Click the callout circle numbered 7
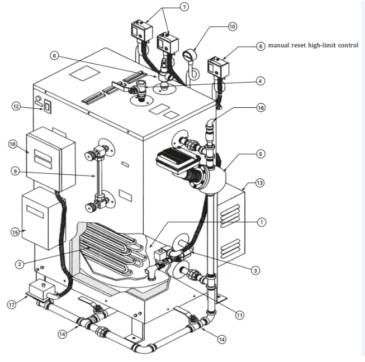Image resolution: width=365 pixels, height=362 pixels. click(x=184, y=7)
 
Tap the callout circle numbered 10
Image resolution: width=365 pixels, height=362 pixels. click(x=233, y=26)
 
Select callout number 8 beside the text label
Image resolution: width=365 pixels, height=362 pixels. click(x=260, y=46)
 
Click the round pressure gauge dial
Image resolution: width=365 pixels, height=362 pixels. click(x=190, y=55)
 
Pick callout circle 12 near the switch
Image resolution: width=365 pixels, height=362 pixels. click(x=16, y=107)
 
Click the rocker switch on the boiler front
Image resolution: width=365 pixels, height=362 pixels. click(x=48, y=107)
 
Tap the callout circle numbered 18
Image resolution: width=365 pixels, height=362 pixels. click(x=13, y=144)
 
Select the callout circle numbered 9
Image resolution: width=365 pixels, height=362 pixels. click(x=15, y=172)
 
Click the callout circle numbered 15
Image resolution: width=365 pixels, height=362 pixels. click(x=15, y=232)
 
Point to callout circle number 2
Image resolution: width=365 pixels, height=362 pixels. click(x=20, y=264)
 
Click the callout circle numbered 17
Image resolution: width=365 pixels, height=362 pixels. click(x=12, y=305)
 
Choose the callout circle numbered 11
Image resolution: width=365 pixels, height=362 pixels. click(x=240, y=315)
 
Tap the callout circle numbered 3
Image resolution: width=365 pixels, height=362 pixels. click(x=255, y=270)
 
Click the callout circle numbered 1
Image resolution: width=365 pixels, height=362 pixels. click(x=262, y=222)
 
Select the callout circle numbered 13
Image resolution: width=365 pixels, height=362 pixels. click(x=260, y=183)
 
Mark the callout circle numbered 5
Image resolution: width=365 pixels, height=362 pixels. click(x=260, y=154)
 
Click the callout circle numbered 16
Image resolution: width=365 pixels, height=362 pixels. click(x=260, y=108)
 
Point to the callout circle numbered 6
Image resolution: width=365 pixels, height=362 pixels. click(x=54, y=56)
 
